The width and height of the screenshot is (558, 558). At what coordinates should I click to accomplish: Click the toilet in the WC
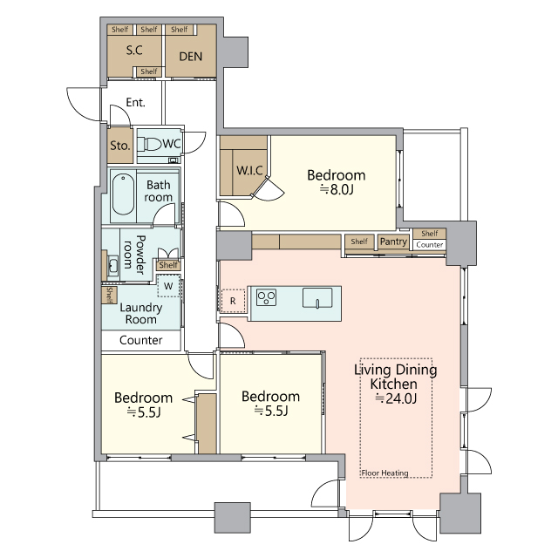(x=149, y=144)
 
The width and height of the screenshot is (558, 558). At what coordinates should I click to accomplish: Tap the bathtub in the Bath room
(x=123, y=194)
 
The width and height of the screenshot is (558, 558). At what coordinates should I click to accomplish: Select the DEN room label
(x=190, y=56)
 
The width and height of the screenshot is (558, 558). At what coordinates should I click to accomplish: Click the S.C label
(x=134, y=51)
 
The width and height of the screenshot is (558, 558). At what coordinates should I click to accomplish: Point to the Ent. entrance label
(x=136, y=103)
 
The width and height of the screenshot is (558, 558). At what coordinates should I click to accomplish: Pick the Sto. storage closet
(x=120, y=146)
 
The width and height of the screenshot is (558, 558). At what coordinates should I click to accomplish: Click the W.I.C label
(x=249, y=171)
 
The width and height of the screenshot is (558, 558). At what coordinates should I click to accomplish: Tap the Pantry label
(x=393, y=242)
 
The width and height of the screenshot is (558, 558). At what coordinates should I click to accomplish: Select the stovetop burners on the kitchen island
(x=267, y=297)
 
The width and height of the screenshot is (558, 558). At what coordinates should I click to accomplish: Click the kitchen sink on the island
(x=317, y=297)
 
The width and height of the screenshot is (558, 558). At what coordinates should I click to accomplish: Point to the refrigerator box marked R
(x=233, y=301)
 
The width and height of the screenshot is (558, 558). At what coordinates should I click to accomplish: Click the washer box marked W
(x=168, y=286)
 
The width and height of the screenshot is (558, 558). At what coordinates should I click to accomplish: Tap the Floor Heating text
(x=384, y=473)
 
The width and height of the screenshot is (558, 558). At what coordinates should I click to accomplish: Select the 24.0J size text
(x=396, y=398)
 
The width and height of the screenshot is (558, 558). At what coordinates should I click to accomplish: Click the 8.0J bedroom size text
(x=337, y=190)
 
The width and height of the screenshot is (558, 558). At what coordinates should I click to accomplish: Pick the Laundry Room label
(x=141, y=313)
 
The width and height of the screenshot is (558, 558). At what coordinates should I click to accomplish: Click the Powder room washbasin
(x=112, y=265)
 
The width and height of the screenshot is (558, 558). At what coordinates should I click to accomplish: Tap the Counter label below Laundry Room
(x=141, y=340)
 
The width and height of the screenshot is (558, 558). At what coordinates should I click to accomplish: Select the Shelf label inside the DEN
(x=179, y=29)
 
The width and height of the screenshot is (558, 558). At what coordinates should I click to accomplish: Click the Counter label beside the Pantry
(x=430, y=245)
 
